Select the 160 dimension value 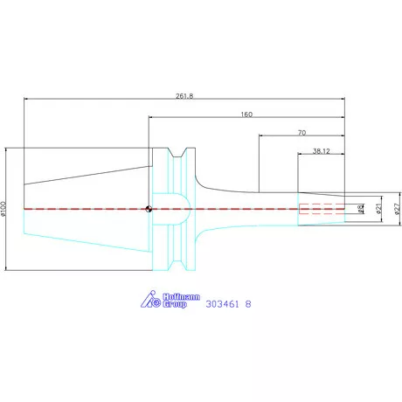246,114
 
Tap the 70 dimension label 301,133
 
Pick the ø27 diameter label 396,209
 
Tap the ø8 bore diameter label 361,209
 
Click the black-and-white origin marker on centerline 149,209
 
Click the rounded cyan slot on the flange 171,209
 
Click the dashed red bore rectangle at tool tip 322,209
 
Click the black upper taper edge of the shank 87,172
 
